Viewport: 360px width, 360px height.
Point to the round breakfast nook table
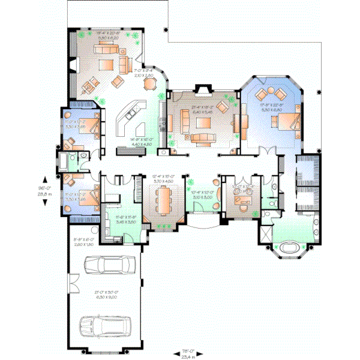[148, 85]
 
